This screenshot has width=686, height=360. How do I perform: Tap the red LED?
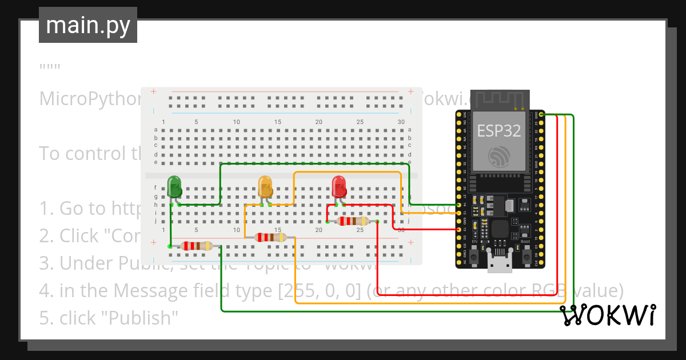click(x=339, y=186)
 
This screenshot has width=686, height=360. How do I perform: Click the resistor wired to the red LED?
click(x=352, y=221)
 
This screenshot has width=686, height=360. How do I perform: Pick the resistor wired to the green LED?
click(x=196, y=246)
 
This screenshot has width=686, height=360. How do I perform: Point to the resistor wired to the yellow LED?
click(x=270, y=237)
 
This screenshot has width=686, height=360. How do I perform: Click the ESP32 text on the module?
click(x=499, y=131)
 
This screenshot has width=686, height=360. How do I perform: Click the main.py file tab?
click(x=88, y=25)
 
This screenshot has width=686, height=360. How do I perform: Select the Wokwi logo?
click(x=608, y=315)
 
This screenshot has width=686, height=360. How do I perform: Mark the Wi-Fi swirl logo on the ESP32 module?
click(x=499, y=156)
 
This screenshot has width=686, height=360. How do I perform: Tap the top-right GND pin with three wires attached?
click(x=541, y=114)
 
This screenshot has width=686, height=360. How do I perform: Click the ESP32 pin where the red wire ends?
click(x=460, y=229)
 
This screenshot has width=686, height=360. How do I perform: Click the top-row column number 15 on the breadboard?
click(x=278, y=122)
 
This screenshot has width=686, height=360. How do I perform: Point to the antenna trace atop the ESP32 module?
click(x=499, y=99)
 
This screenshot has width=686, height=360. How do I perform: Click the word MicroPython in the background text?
click(x=89, y=99)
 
